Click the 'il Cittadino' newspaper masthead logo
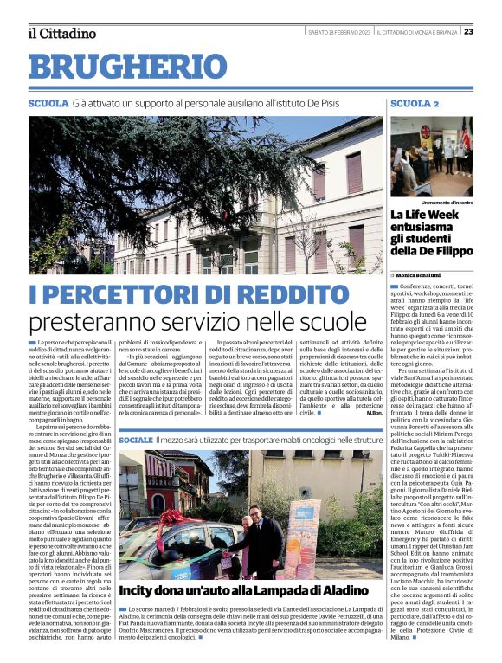pos(61,33)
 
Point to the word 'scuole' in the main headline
pos(331,322)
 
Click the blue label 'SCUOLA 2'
pos(415,104)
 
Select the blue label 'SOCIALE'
pos(136,441)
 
